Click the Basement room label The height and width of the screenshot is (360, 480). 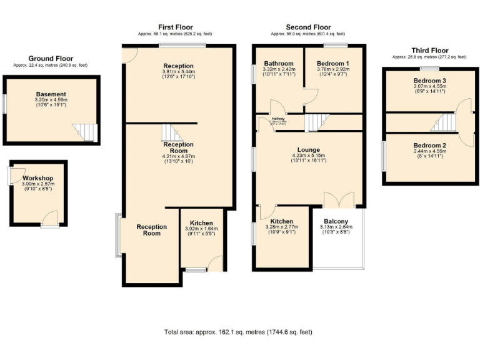click(51, 94)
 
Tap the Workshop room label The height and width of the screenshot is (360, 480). click(38, 179)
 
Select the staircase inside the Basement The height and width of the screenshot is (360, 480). click(85, 132)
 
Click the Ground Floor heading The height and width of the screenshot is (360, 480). click(51, 58)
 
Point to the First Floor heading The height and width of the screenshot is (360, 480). click(175, 27)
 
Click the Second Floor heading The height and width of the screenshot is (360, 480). click(308, 27)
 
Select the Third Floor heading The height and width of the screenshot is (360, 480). click(429, 50)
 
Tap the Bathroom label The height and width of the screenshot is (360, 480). click(278, 64)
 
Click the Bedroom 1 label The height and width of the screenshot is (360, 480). click(332, 64)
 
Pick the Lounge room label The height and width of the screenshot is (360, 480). click(309, 150)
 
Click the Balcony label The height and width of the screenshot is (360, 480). click(340, 221)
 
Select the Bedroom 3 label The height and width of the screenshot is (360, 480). click(429, 81)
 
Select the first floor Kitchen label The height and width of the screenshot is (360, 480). click(201, 223)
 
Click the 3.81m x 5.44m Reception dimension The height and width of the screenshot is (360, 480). click(178, 72)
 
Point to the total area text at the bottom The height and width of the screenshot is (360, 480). click(237, 332)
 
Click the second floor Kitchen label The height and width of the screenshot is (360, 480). click(282, 222)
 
